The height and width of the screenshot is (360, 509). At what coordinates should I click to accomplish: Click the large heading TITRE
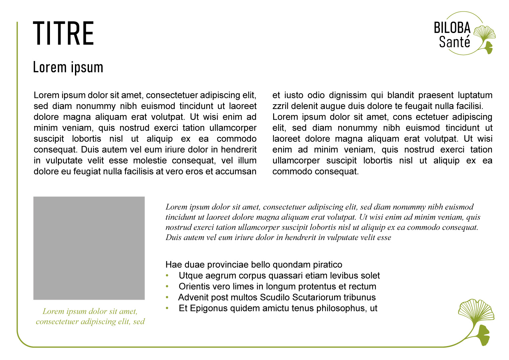click(x=64, y=33)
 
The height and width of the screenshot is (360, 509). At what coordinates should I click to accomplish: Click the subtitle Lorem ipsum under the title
click(x=68, y=67)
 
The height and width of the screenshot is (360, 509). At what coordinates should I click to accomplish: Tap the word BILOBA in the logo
click(x=452, y=28)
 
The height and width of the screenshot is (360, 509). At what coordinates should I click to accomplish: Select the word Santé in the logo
click(x=454, y=42)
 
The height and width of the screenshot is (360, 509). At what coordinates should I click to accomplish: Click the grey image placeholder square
click(x=89, y=248)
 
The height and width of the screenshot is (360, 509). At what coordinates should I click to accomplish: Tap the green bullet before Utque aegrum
click(x=167, y=276)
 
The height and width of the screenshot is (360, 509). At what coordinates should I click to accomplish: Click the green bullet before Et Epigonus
click(x=167, y=308)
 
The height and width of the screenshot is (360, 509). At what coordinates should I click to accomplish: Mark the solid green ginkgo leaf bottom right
click(x=481, y=335)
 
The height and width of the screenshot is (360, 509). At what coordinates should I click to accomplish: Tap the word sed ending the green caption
click(x=139, y=322)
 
